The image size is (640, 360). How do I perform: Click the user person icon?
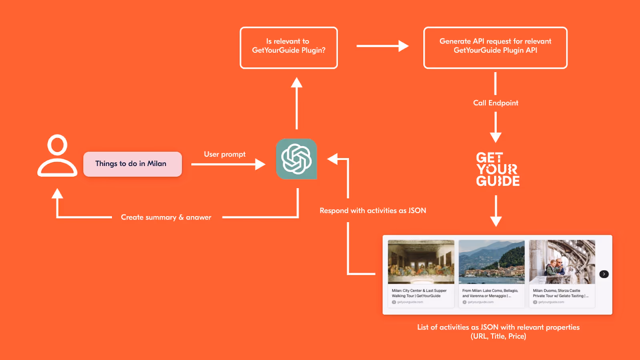[x=57, y=156]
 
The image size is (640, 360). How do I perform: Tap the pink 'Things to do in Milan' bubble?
[x=132, y=164]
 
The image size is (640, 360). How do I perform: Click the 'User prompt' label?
[x=224, y=154]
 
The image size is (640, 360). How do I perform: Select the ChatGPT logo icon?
[x=296, y=159]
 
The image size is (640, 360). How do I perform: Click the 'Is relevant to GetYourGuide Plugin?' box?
[x=288, y=48]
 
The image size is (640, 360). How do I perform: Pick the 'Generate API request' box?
[x=495, y=48]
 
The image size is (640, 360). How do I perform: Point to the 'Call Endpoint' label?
[x=496, y=103]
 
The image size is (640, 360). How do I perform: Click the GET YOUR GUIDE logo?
[x=497, y=169]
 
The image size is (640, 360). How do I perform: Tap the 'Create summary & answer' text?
[x=166, y=217]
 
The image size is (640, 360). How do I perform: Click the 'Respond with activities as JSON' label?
[x=373, y=210]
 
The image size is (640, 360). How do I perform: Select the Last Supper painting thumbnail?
[x=421, y=262]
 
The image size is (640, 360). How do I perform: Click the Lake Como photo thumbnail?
[x=492, y=262]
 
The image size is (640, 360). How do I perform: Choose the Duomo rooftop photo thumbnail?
[x=562, y=262]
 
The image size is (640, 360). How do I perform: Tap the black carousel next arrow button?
[x=604, y=274]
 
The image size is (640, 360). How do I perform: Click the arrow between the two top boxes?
[x=382, y=46]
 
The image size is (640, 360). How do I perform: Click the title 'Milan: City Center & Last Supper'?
[x=419, y=291]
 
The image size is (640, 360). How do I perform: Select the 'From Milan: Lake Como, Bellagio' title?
[x=490, y=291]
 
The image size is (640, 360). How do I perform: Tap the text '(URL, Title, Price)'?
[x=498, y=336]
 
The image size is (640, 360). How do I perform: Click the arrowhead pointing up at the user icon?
[x=58, y=194]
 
